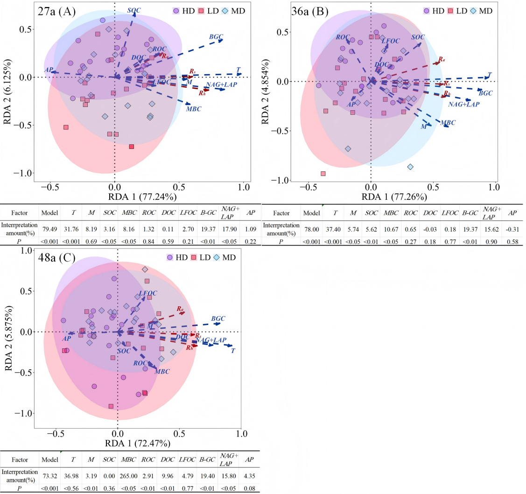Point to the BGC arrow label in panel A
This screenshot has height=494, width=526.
pos(216,36)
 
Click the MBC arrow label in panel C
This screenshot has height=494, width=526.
pos(162,372)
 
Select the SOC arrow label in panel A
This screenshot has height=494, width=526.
pos(134,10)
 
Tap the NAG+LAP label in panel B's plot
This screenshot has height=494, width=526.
pos(463,104)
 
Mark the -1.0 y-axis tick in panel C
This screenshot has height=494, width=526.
pos(20,413)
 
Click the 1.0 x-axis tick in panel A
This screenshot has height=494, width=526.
pos(243,186)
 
